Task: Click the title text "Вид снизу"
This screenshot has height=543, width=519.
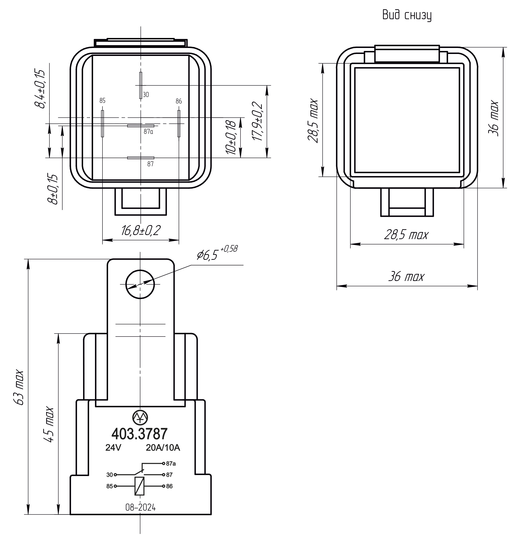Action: [x=407, y=15]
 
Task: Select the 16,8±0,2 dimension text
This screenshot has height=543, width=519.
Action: [x=141, y=230]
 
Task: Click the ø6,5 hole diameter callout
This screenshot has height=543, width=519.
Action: [x=217, y=253]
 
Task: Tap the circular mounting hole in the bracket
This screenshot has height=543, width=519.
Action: [x=140, y=284]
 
